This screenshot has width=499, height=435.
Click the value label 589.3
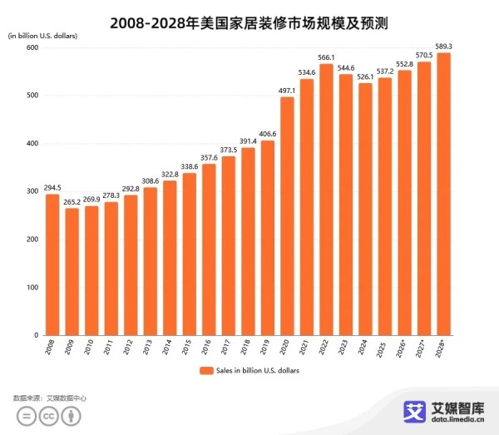click(444, 47)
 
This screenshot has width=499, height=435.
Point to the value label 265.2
click(72, 202)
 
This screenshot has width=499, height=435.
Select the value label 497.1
click(287, 91)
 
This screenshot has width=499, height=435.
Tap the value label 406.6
click(267, 134)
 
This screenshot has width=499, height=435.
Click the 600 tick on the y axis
click(33, 47)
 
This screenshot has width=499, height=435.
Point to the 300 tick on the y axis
click(33, 191)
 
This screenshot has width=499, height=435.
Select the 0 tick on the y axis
click(37, 335)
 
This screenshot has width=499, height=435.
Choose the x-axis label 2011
click(110, 348)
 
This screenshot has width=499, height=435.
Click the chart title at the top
click(249, 16)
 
